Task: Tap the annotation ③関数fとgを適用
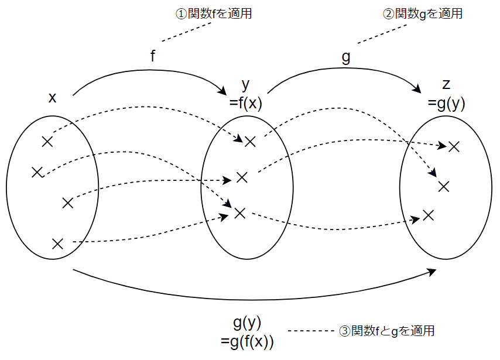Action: tap(387, 331)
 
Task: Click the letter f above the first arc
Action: tap(153, 57)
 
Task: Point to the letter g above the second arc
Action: tap(345, 57)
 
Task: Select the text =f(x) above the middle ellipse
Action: tap(246, 103)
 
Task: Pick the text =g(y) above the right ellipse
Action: tap(447, 103)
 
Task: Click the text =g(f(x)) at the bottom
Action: tap(248, 341)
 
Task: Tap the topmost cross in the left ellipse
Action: tap(47, 141)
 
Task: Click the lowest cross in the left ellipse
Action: tap(57, 244)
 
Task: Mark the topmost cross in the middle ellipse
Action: tap(251, 141)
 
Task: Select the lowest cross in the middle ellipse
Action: tap(239, 213)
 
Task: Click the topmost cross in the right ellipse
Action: tap(454, 146)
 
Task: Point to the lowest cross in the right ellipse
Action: tap(428, 215)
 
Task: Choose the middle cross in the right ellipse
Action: tap(443, 187)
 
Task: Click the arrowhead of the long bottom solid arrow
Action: tap(433, 272)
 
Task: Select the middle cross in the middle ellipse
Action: tap(242, 177)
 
